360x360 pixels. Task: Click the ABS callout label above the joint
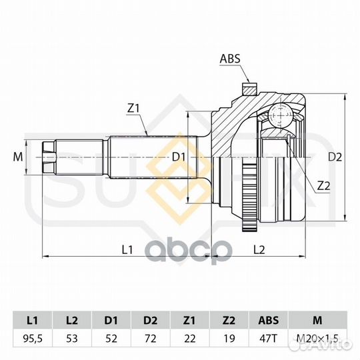click(230, 59)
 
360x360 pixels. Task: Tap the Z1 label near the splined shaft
click(133, 109)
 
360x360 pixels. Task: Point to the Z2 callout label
click(323, 186)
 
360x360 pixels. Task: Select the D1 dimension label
click(179, 157)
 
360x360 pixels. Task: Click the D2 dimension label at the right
click(335, 157)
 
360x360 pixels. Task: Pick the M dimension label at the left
click(18, 157)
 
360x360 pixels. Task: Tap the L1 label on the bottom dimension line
click(127, 249)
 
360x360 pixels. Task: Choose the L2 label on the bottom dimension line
click(259, 249)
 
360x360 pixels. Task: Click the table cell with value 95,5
click(33, 339)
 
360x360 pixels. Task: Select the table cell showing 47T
click(269, 339)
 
